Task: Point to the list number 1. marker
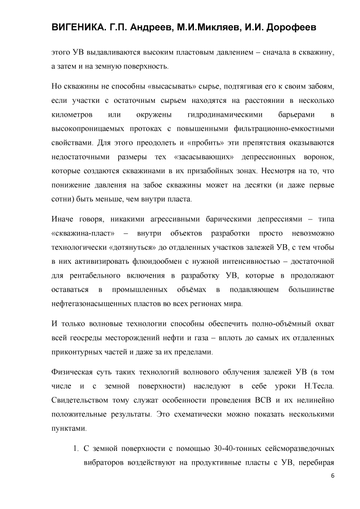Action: tap(75, 448)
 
